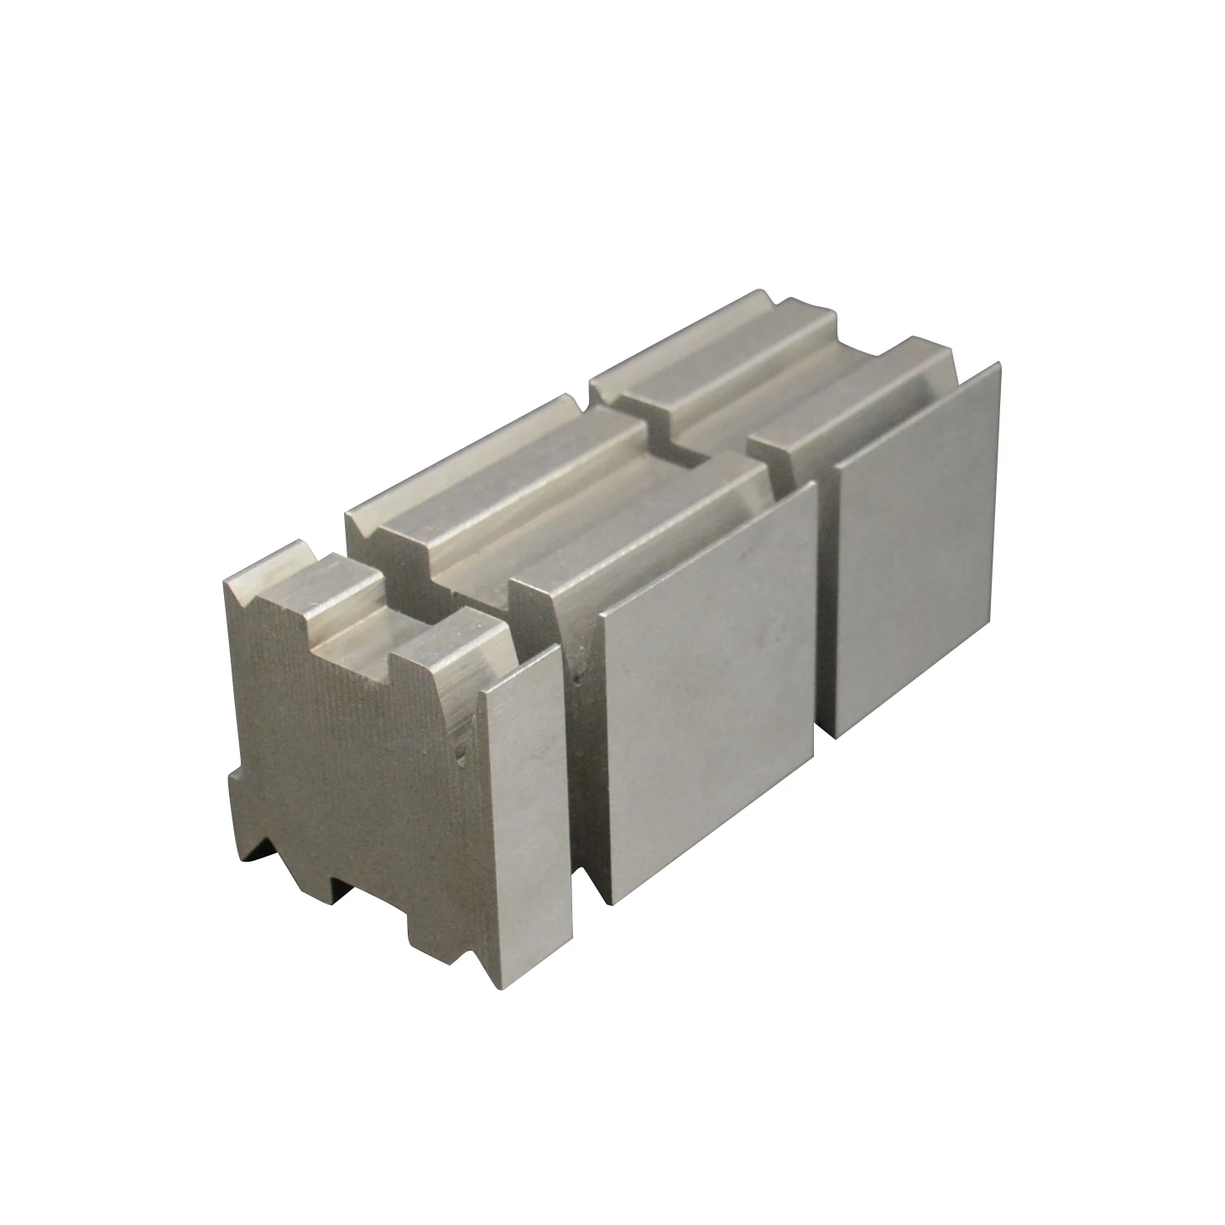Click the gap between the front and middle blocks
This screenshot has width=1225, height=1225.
(x=579, y=713)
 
